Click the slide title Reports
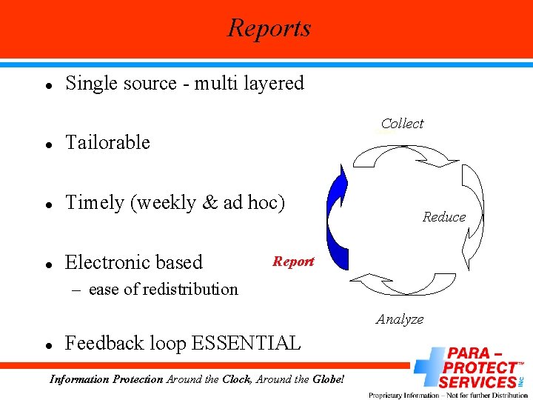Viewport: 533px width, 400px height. (269, 28)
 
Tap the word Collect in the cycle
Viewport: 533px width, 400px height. (402, 124)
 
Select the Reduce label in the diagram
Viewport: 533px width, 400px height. (444, 217)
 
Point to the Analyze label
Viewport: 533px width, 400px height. (400, 319)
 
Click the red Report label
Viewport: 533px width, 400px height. (293, 261)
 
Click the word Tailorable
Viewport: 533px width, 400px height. (107, 142)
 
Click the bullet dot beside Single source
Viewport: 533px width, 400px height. (47, 85)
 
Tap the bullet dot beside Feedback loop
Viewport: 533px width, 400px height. (47, 345)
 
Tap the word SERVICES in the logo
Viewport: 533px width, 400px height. (477, 382)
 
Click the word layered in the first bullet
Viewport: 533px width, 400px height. (271, 83)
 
